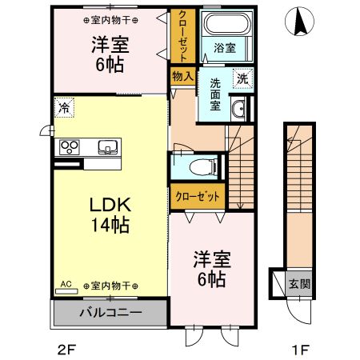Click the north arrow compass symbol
302,22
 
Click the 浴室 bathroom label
223,49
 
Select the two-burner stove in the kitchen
70,147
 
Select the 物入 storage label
182,76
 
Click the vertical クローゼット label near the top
182,37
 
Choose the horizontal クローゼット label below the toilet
195,196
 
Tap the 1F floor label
298,349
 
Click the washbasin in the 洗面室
238,109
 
